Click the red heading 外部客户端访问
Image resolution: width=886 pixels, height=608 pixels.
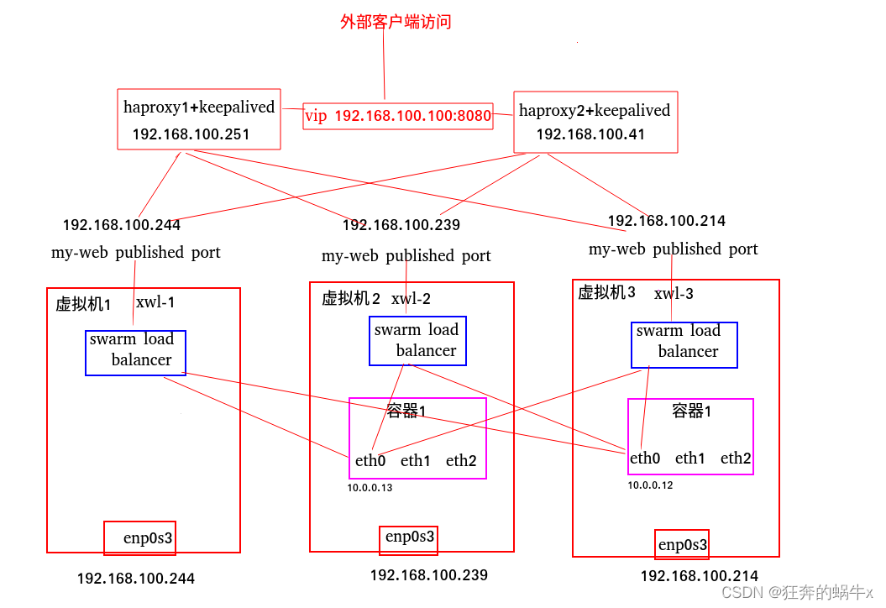coord(396,22)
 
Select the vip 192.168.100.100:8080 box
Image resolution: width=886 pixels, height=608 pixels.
coord(398,116)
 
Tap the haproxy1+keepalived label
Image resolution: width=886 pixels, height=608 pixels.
coord(199,107)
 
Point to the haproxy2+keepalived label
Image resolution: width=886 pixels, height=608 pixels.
coord(595,110)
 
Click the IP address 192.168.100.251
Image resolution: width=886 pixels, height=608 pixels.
coord(191,134)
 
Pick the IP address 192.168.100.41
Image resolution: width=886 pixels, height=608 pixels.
coord(590,134)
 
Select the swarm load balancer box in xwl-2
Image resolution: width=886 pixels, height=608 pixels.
coord(417,341)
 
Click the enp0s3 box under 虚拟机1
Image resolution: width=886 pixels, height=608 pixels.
coord(139,537)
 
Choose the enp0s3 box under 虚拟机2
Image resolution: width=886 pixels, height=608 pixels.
coord(410,537)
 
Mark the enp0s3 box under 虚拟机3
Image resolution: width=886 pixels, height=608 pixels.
coord(682,545)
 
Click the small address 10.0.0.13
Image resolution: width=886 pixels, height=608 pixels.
coord(370,488)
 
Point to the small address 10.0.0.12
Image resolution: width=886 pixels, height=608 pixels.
coord(650,485)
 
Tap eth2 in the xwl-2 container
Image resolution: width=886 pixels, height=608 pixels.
coord(461,460)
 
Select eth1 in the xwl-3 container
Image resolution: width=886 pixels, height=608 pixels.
coord(690,458)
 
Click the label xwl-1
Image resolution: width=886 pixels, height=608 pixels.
coord(155,302)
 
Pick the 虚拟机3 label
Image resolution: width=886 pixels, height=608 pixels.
coord(606,292)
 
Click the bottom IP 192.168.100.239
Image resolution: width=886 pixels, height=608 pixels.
coord(428,575)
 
